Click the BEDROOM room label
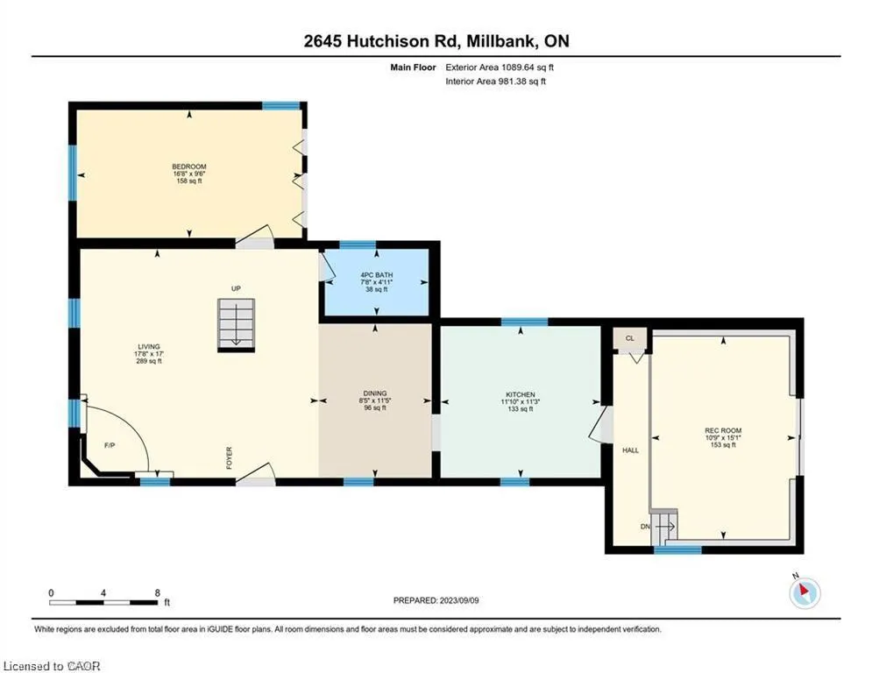[189, 166]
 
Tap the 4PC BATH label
[377, 275]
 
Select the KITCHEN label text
[520, 394]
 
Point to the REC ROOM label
[723, 430]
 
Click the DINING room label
[375, 393]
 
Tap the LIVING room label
[149, 346]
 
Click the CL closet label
[629, 338]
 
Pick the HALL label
[631, 450]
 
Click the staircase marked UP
[237, 325]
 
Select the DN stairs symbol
[664, 526]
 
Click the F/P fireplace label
[110, 445]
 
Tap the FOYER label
[229, 457]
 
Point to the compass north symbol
[805, 592]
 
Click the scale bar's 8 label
[158, 593]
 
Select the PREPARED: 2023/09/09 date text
[436, 600]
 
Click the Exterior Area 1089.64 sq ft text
[500, 67]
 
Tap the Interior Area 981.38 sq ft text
[495, 81]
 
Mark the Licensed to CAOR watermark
[52, 666]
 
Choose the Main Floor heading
[413, 67]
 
